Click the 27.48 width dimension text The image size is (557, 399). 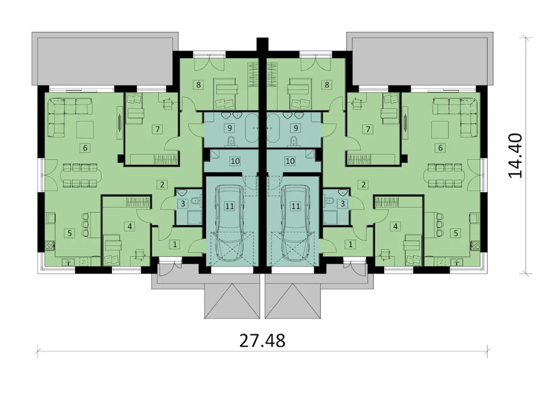[262, 341]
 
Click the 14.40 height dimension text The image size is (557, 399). [515, 156]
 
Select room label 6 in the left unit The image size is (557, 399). [85, 148]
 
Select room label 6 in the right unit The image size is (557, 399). [440, 148]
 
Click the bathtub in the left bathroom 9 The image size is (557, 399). [252, 128]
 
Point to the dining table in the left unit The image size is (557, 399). [81, 175]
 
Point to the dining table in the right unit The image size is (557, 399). [444, 175]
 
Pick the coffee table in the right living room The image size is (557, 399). [440, 130]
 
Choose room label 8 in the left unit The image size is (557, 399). [198, 85]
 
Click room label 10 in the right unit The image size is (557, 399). [290, 161]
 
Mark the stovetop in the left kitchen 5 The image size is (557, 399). [50, 245]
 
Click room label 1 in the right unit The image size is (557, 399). [351, 245]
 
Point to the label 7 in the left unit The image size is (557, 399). [158, 129]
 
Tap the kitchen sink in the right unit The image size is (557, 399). [457, 261]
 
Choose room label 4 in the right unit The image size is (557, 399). [396, 226]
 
